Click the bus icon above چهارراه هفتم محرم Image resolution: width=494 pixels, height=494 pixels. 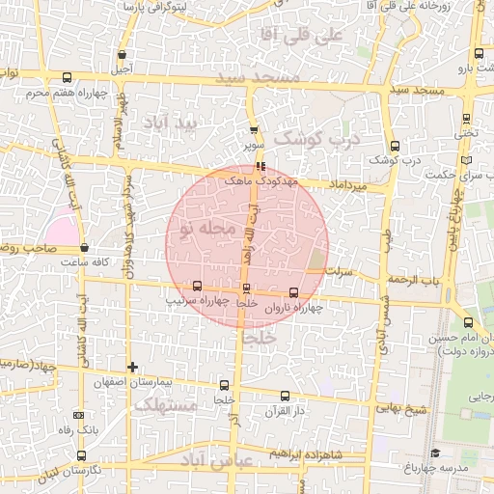click(x=66, y=78)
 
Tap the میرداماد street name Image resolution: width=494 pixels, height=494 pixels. click(x=348, y=183)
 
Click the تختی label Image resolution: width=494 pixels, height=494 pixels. click(x=467, y=134)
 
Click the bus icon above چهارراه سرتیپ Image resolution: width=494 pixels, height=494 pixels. click(x=198, y=286)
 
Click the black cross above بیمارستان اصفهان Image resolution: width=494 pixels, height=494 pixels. click(x=133, y=367)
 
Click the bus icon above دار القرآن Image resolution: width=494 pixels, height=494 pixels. click(x=285, y=396)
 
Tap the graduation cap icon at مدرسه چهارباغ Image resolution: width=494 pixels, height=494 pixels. click(x=435, y=453)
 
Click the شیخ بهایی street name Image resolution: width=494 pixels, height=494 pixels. click(x=402, y=410)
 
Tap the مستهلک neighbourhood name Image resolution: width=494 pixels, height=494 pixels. click(x=165, y=406)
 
